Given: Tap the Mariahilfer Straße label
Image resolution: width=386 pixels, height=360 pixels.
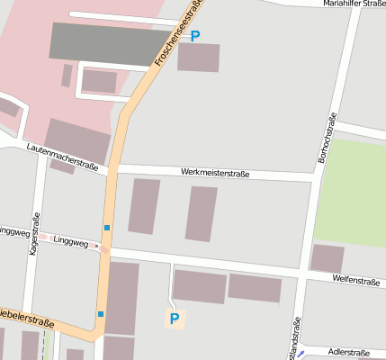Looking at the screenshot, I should point(354,4).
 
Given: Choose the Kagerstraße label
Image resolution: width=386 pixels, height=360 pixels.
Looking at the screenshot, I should point(34,235).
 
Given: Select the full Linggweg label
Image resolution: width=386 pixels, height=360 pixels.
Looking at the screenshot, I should point(70,241).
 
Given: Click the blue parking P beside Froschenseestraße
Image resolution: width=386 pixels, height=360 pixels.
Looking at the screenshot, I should point(195,36).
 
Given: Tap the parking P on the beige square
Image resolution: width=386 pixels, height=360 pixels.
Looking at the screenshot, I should point(175,318).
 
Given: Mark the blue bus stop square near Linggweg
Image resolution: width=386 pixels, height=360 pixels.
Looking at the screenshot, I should point(107,228).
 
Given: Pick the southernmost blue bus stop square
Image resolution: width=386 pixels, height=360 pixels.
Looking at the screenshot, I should point(101,314).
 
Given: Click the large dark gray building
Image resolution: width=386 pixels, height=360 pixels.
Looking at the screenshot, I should point(104,40).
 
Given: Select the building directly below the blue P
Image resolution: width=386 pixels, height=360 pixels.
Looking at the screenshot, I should point(198,57).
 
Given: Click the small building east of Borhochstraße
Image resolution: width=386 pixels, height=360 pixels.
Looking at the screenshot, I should point(327,258).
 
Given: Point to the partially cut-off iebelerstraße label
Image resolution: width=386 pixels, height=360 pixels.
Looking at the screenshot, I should point(27,319).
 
